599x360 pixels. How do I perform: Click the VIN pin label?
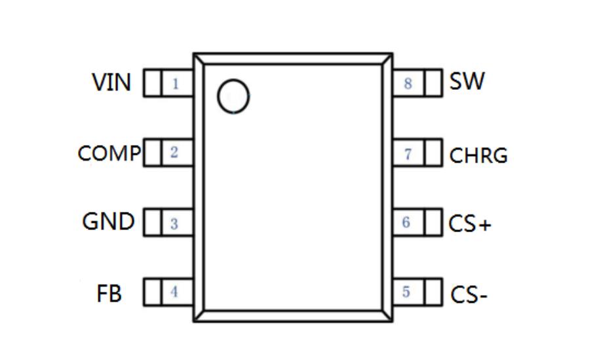click(x=112, y=83)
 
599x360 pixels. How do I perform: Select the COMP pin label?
click(x=109, y=153)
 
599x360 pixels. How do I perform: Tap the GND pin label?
click(x=108, y=222)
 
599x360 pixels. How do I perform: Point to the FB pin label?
click(x=109, y=293)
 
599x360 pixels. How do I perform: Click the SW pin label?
click(x=467, y=82)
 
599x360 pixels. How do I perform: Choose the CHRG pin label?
click(x=478, y=156)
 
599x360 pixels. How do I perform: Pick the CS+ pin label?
click(x=470, y=224)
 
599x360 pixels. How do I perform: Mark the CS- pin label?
click(x=469, y=295)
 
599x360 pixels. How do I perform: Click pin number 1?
click(x=175, y=84)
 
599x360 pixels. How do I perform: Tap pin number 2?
click(x=174, y=153)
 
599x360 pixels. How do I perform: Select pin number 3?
click(x=174, y=224)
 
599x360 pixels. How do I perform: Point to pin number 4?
click(x=174, y=292)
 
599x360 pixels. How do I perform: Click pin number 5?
click(x=406, y=292)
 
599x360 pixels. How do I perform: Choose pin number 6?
click(x=406, y=222)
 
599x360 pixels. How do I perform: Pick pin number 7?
click(x=408, y=154)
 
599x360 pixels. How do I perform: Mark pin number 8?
click(x=408, y=84)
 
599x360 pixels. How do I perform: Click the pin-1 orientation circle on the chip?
click(x=233, y=97)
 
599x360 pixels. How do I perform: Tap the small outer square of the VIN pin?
click(x=152, y=83)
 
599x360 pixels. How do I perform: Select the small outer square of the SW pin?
click(x=433, y=83)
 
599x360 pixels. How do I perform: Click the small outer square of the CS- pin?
click(x=433, y=292)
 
